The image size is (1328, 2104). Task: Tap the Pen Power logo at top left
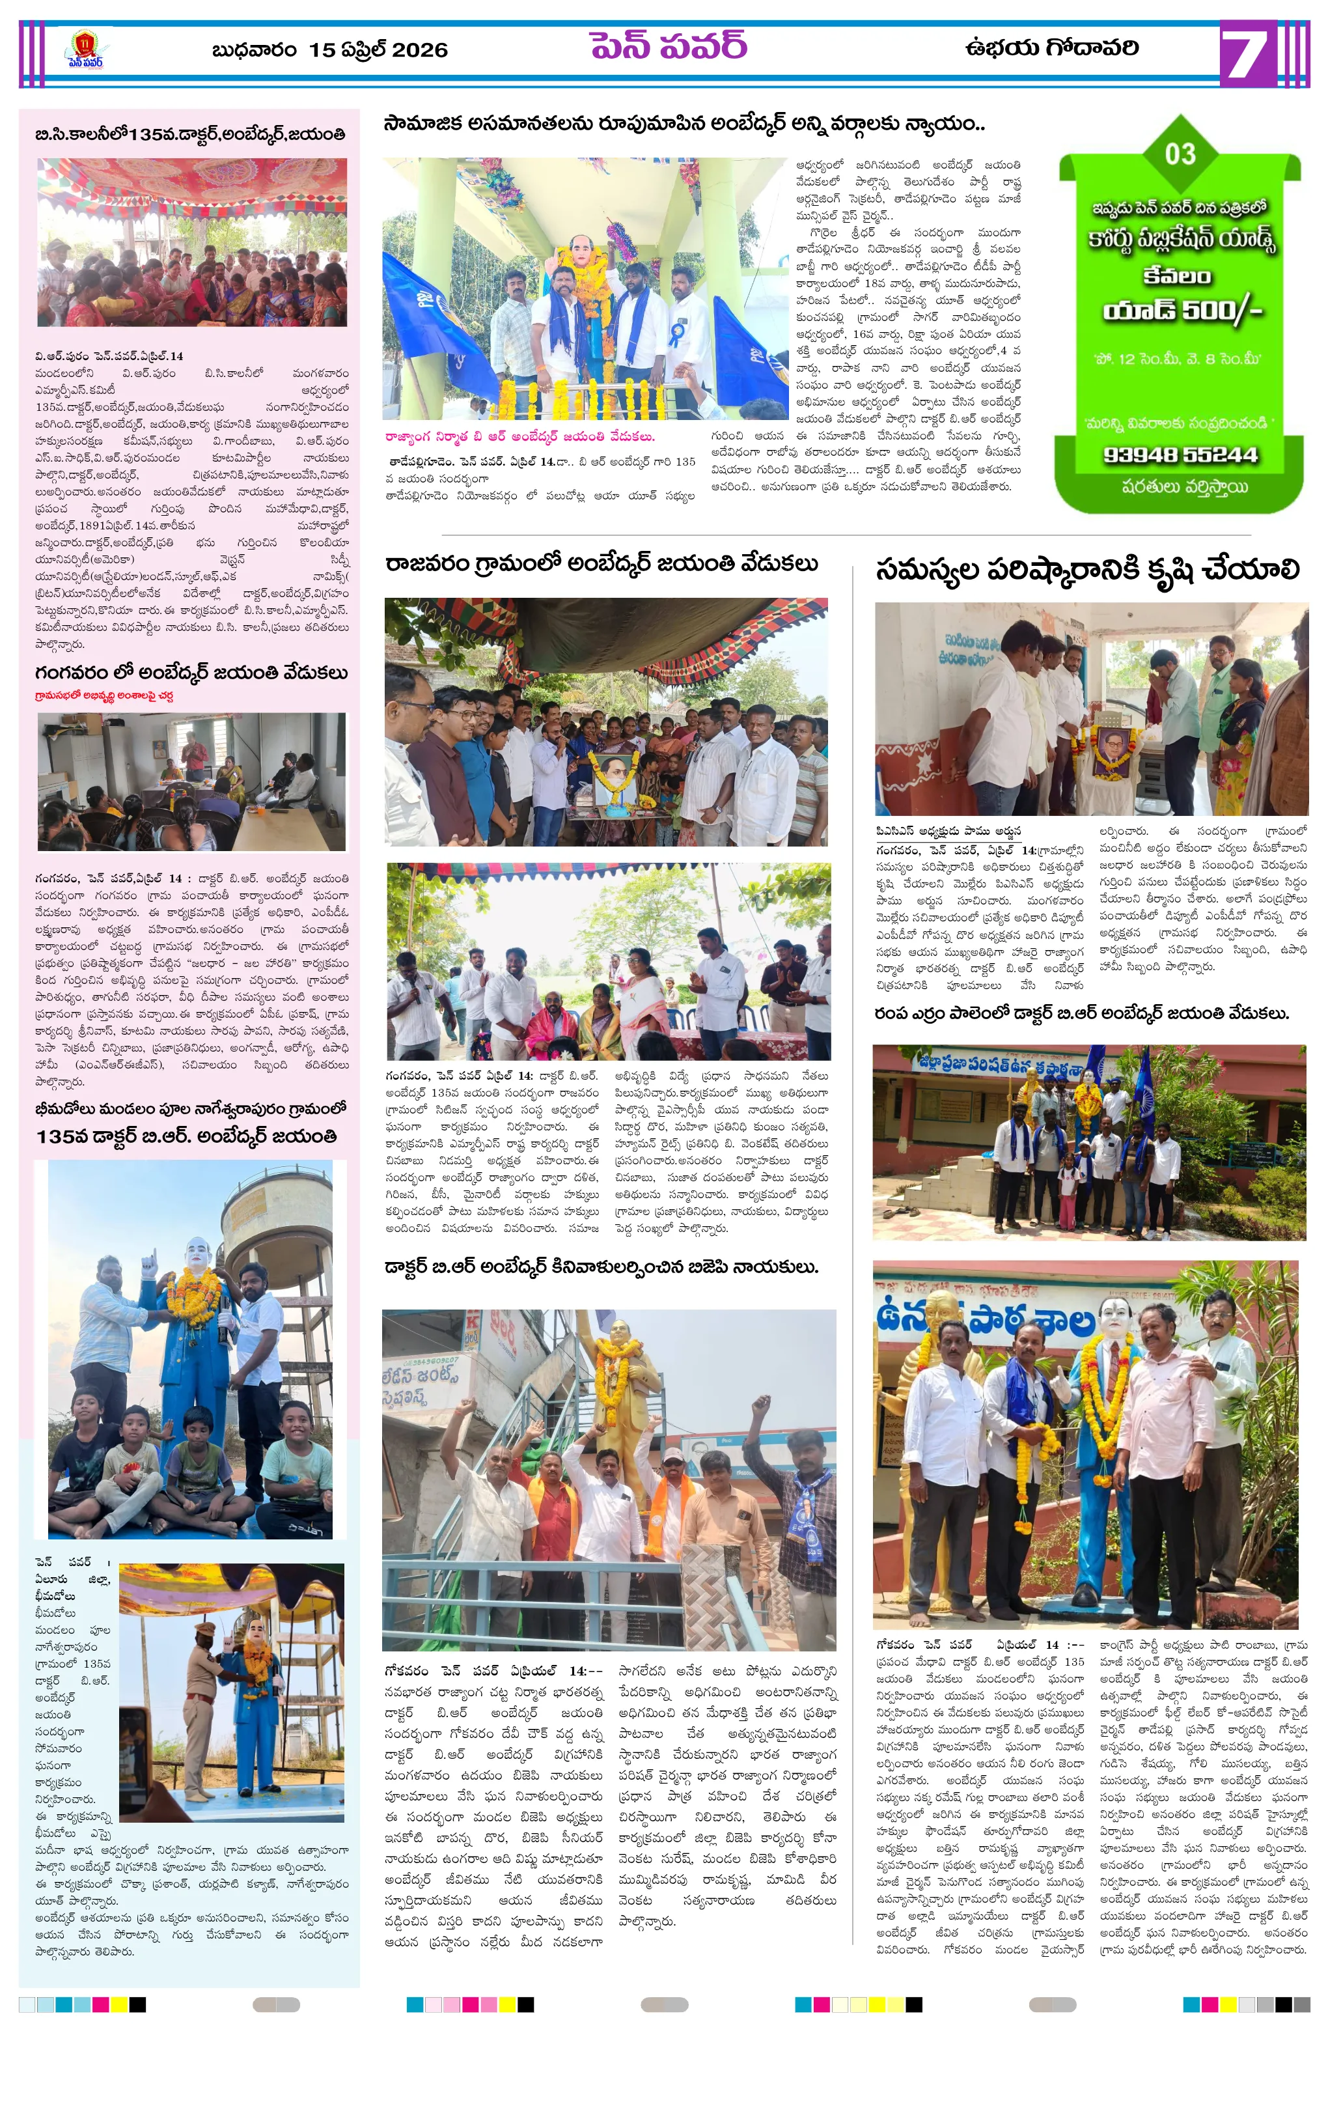[x=84, y=49]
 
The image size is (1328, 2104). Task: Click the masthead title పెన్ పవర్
[x=669, y=46]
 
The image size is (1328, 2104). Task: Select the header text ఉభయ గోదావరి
[x=1051, y=47]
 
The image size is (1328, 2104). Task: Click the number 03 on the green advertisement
[x=1180, y=154]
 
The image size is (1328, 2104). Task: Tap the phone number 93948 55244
[x=1180, y=455]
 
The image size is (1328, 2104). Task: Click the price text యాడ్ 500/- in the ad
[x=1182, y=311]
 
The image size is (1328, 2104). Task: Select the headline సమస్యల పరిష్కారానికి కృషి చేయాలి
[x=1087, y=570]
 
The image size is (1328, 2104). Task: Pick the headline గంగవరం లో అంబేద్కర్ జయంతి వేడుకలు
[x=191, y=673]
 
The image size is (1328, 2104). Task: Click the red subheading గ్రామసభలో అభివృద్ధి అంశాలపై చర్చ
[x=104, y=696]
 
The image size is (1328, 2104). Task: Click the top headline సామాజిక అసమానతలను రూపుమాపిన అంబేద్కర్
[x=684, y=124]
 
